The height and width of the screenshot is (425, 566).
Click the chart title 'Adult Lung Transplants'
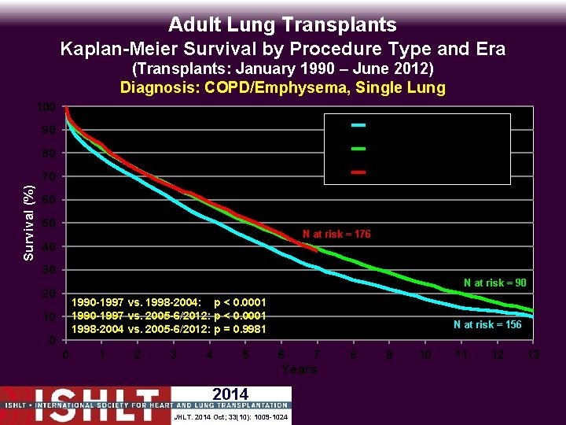tap(282, 25)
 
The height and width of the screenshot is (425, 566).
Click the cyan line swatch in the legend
tap(358, 124)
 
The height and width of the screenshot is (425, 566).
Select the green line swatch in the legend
tap(358, 147)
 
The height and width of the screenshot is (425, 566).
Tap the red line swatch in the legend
tap(358, 171)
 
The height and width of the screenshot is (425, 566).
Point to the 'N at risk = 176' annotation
tap(336, 235)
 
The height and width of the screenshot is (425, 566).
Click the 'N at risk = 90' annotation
tap(494, 283)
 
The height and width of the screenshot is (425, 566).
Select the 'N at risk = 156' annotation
tap(487, 324)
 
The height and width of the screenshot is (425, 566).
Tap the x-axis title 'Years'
tap(299, 370)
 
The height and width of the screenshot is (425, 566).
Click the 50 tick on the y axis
tap(49, 224)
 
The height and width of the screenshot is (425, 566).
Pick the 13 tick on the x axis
tap(533, 356)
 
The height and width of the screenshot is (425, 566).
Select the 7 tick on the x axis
tap(317, 356)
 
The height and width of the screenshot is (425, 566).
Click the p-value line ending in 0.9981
tap(168, 328)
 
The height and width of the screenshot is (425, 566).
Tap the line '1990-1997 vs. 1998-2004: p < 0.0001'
tap(168, 302)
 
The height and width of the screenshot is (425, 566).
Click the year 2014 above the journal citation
tap(230, 394)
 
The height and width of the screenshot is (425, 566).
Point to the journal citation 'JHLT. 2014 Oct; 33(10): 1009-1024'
tap(230, 416)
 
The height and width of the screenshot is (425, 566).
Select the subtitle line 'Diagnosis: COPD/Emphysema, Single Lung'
tap(282, 87)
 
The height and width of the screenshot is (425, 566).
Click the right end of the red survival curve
tap(316, 250)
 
